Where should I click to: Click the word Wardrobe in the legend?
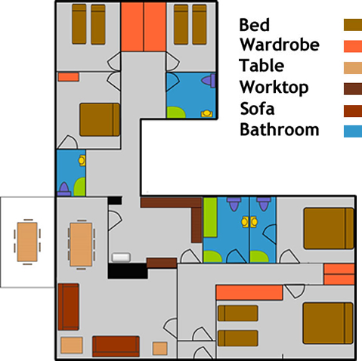click(280, 45)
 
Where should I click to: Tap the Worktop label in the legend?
click(274, 88)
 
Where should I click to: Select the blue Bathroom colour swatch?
click(353, 131)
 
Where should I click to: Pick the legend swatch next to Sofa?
click(353, 111)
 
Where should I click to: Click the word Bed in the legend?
click(254, 25)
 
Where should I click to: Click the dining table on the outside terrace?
click(27, 242)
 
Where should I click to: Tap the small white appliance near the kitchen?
click(121, 258)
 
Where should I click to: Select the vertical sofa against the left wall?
click(68, 307)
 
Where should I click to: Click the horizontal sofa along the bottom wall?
click(116, 346)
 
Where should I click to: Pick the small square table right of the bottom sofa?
click(160, 348)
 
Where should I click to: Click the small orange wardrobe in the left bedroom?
click(69, 77)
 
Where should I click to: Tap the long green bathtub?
click(210, 218)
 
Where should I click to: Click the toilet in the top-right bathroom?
click(209, 81)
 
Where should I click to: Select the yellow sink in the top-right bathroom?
click(207, 114)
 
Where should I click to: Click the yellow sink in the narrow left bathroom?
click(82, 160)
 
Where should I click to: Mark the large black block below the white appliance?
click(128, 271)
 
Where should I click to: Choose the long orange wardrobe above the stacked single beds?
click(249, 292)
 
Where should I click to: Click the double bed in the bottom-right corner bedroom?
click(328, 323)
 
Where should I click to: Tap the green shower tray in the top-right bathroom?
click(175, 113)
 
